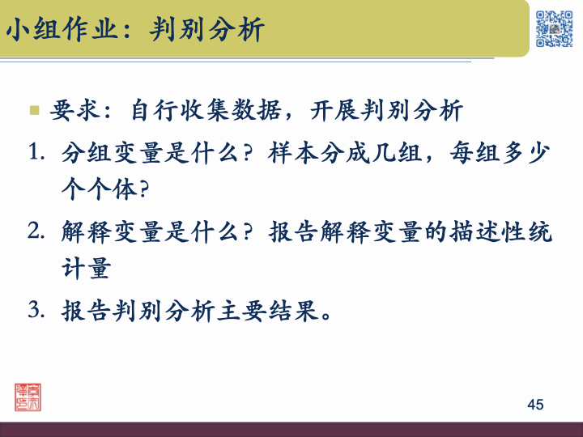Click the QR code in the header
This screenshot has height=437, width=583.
click(x=555, y=28)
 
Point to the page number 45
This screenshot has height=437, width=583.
click(x=534, y=405)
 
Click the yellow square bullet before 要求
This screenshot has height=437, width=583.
click(x=35, y=110)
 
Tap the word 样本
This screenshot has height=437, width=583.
click(x=295, y=153)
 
